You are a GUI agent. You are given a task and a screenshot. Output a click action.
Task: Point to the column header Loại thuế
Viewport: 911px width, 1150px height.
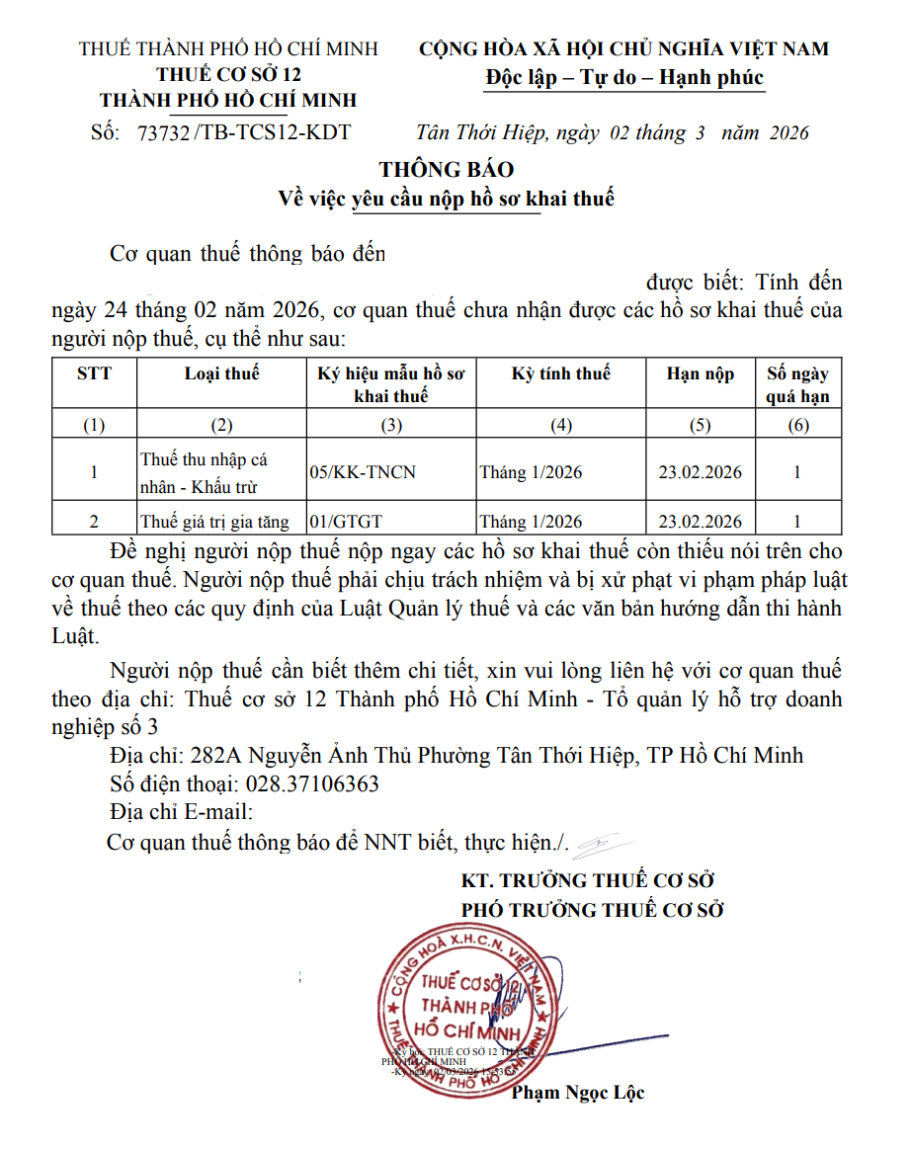[221, 373]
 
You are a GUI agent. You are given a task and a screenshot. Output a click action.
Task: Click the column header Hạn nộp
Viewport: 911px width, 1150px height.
[700, 373]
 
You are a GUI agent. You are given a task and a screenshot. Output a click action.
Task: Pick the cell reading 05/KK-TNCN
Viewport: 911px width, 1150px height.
[363, 472]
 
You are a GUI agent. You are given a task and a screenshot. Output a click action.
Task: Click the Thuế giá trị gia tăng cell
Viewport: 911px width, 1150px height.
[214, 522]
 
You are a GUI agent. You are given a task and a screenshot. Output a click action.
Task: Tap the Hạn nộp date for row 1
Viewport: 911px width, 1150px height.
[700, 472]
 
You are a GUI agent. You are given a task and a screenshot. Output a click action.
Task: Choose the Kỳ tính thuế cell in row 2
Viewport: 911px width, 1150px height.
[532, 522]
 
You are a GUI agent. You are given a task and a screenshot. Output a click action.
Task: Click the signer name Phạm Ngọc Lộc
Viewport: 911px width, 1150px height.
[578, 1093]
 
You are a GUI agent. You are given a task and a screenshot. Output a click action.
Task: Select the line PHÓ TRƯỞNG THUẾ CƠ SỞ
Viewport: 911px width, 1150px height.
[593, 910]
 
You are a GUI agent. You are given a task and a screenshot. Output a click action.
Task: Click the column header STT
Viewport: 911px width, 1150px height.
[94, 373]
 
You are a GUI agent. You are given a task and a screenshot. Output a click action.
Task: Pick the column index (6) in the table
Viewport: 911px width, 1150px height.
[797, 426]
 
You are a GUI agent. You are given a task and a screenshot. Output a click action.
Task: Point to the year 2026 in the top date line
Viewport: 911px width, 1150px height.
[785, 132]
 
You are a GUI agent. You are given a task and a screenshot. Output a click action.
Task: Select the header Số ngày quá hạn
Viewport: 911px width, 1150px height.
[797, 385]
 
